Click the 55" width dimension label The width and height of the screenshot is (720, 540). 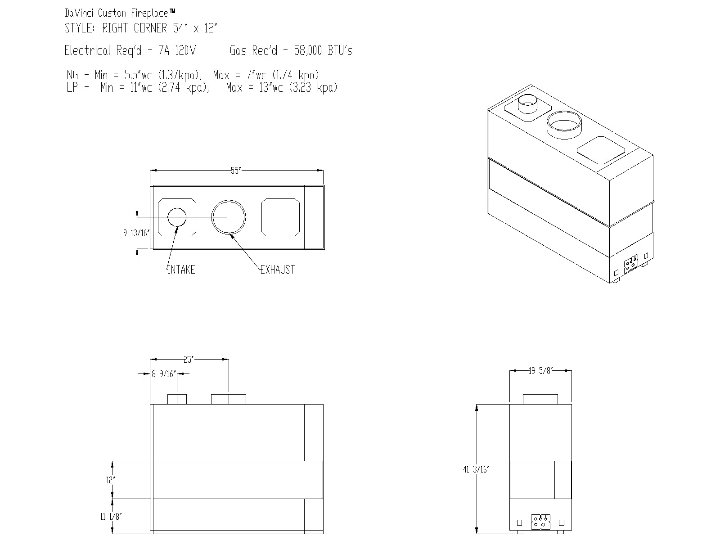tap(236, 171)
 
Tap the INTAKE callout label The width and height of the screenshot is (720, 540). tap(181, 270)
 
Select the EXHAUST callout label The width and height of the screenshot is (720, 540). tap(278, 270)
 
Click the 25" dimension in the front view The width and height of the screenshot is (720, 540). tap(189, 359)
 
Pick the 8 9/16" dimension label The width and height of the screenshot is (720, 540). tap(164, 373)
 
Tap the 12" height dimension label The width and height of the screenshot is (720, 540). tap(111, 480)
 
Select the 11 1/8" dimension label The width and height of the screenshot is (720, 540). tap(111, 517)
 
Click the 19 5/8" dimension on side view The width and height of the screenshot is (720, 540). tap(540, 371)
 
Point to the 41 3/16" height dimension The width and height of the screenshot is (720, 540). tap(476, 469)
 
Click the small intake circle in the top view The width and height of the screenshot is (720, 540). tap(177, 217)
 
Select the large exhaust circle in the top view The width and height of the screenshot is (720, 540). tap(229, 217)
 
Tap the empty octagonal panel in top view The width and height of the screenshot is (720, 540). tap(281, 217)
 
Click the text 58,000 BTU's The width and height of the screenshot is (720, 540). tap(323, 50)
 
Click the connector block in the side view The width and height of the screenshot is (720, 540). tap(540, 522)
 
